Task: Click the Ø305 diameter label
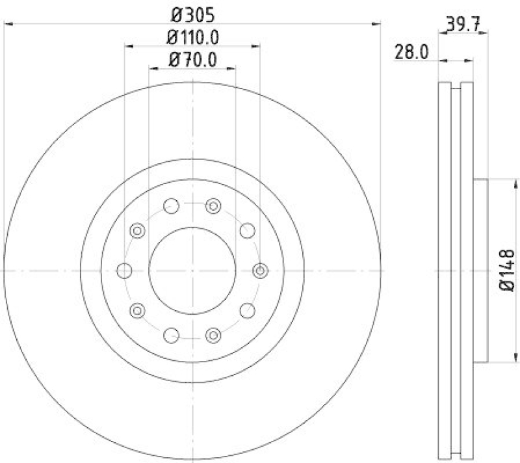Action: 192,13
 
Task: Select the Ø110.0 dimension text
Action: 192,37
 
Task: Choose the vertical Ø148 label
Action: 508,269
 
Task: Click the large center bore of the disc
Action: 192,270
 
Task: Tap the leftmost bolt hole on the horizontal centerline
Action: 125,270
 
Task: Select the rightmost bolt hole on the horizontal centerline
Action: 259,270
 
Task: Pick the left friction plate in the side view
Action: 445,270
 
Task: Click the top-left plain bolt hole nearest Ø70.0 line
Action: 171,206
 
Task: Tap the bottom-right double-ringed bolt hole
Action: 214,334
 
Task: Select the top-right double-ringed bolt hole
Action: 214,206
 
